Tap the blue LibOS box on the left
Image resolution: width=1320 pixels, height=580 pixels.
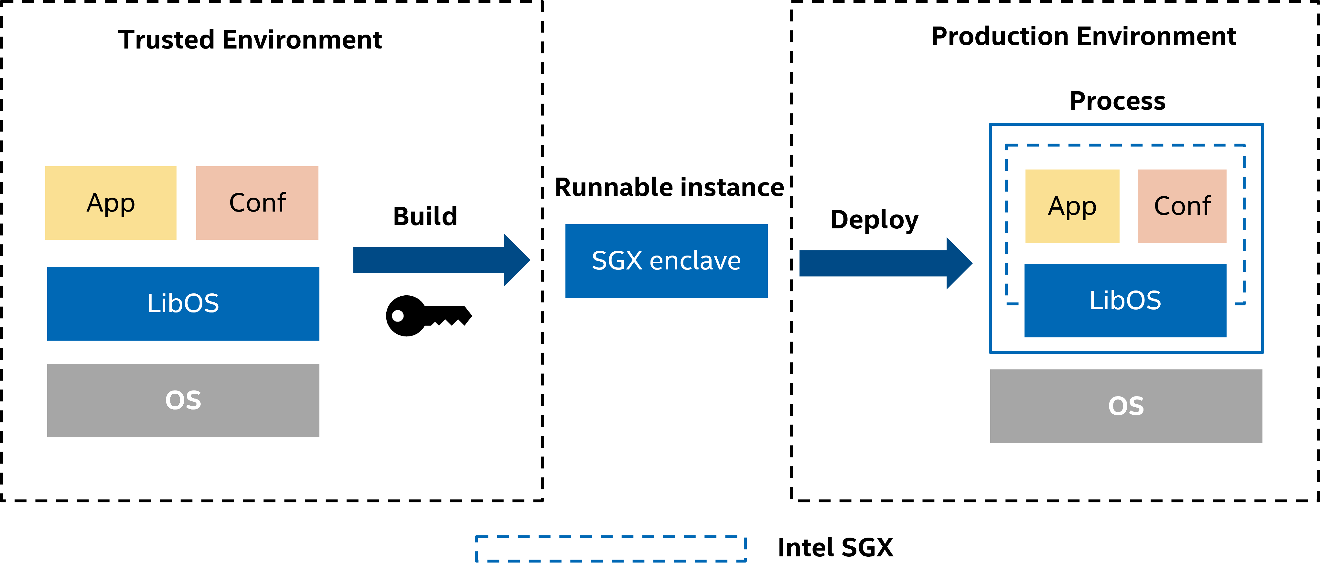pos(183,303)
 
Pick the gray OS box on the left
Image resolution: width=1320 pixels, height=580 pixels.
pos(183,400)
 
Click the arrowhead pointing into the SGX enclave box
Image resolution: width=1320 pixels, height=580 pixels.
pos(517,260)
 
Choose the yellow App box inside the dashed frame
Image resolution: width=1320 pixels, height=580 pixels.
pos(1072,206)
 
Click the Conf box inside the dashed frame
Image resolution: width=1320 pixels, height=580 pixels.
pos(1182,206)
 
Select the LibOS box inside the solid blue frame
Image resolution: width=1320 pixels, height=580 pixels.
pos(1125,301)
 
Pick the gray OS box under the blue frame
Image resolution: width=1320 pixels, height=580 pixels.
pos(1126,406)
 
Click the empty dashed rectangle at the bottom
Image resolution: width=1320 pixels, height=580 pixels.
pos(611,549)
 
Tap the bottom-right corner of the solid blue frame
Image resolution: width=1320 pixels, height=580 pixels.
pos(1262,352)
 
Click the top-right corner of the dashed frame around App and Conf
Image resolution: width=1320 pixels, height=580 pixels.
pos(1244,146)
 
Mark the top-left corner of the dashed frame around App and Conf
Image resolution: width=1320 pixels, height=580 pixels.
pos(1006,146)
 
